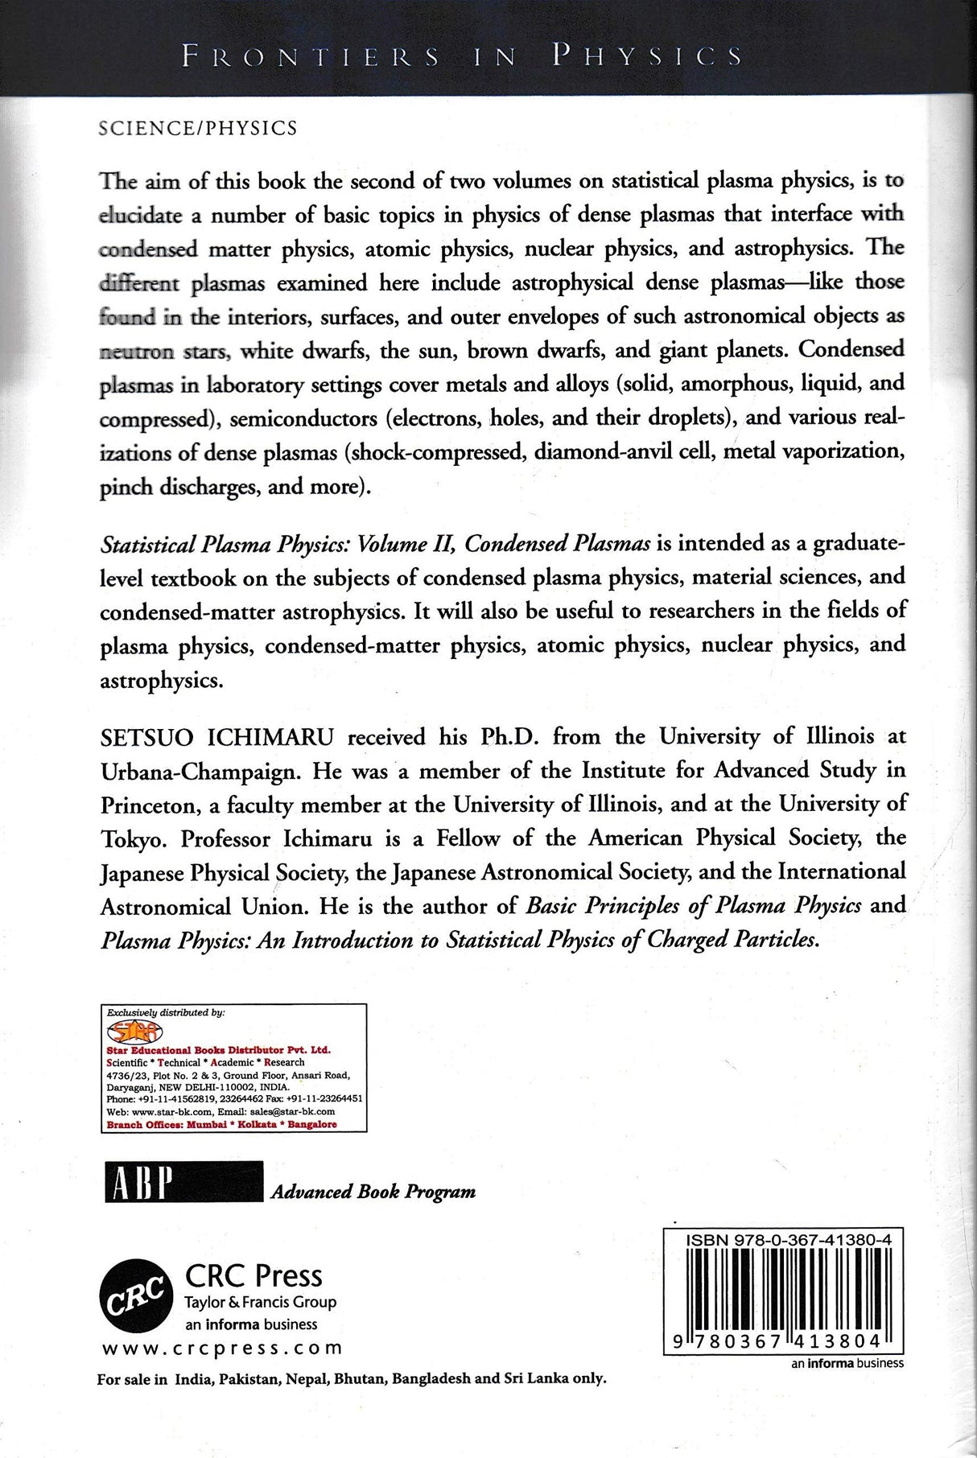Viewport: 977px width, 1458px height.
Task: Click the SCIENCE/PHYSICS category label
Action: point(197,129)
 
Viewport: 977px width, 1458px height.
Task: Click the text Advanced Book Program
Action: point(373,1192)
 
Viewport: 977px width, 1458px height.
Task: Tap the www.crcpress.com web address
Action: point(222,1348)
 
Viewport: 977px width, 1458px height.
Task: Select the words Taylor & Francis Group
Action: point(261,1302)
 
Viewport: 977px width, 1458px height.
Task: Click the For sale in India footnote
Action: point(350,1378)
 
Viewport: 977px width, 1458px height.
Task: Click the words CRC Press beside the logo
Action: point(254,1276)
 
